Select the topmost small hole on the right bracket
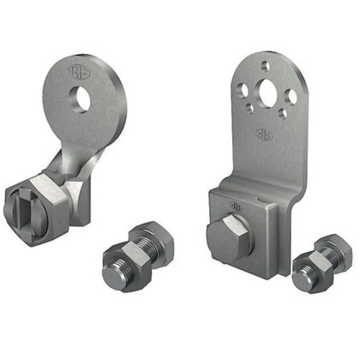coord(266,66)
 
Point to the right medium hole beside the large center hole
coord(292,96)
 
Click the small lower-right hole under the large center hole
coord(283,114)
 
